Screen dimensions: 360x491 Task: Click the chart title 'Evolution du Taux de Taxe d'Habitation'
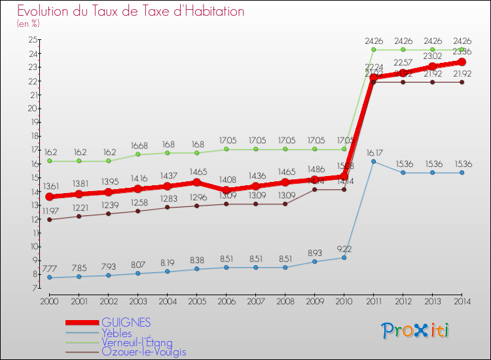(131, 11)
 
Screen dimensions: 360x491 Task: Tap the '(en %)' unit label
(28, 24)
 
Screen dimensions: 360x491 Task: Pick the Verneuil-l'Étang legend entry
(137, 342)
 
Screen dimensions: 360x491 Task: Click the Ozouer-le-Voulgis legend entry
(143, 351)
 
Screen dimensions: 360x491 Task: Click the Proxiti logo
(416, 331)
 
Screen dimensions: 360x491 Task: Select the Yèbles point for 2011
(373, 161)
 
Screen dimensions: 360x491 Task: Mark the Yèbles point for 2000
(49, 278)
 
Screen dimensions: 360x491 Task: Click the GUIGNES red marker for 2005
(196, 183)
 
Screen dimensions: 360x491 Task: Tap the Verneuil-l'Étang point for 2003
(137, 154)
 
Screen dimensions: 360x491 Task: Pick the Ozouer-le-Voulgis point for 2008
(285, 204)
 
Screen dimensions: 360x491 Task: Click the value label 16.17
(373, 151)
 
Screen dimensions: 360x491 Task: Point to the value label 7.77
(49, 268)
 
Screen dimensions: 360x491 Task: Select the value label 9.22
(343, 248)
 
